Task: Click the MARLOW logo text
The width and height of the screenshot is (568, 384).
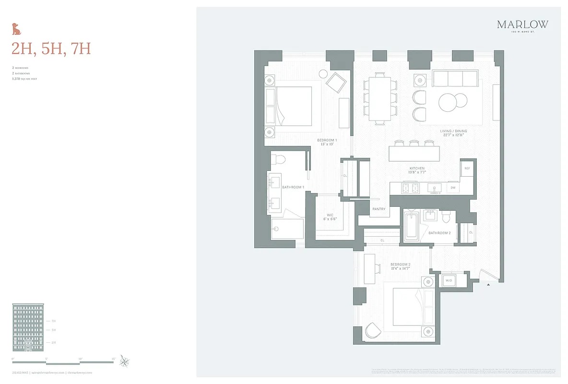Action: pyautogui.click(x=522, y=24)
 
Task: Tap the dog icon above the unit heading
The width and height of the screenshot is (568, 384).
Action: pyautogui.click(x=17, y=29)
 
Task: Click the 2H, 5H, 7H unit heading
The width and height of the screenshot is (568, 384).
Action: pyautogui.click(x=51, y=48)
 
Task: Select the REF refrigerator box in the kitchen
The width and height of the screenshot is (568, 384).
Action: pyautogui.click(x=467, y=168)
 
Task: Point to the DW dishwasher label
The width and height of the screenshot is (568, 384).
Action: pyautogui.click(x=452, y=188)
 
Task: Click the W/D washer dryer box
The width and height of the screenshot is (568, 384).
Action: pyautogui.click(x=449, y=280)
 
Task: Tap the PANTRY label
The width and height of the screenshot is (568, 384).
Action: pyautogui.click(x=379, y=209)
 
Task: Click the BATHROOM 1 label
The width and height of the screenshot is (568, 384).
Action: pyautogui.click(x=293, y=187)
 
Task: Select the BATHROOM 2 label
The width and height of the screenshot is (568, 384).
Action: pyautogui.click(x=439, y=233)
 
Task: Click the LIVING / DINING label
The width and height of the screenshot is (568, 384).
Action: pyautogui.click(x=453, y=131)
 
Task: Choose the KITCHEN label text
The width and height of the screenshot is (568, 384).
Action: pyautogui.click(x=417, y=168)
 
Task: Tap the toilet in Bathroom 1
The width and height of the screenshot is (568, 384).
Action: pyautogui.click(x=279, y=160)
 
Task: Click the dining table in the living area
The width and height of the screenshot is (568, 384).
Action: pyautogui.click(x=380, y=99)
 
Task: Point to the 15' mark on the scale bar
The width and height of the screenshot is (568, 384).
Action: pyautogui.click(x=114, y=359)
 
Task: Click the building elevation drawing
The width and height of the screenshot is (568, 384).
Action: pyautogui.click(x=29, y=327)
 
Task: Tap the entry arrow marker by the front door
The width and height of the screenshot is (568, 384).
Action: pyautogui.click(x=488, y=285)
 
